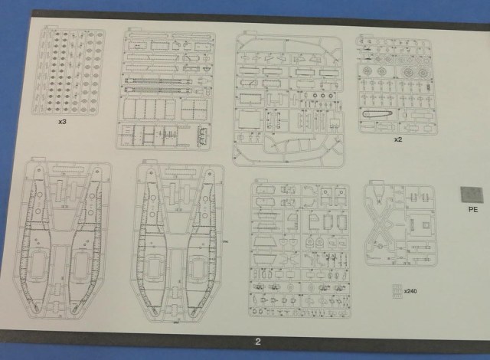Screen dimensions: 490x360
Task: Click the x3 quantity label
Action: tap(63, 122)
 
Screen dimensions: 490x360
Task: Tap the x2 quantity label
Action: tap(397, 140)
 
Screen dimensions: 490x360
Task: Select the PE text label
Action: tap(472, 208)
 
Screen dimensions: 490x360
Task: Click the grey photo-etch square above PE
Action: tap(471, 193)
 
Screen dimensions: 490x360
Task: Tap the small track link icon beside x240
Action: tap(396, 290)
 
